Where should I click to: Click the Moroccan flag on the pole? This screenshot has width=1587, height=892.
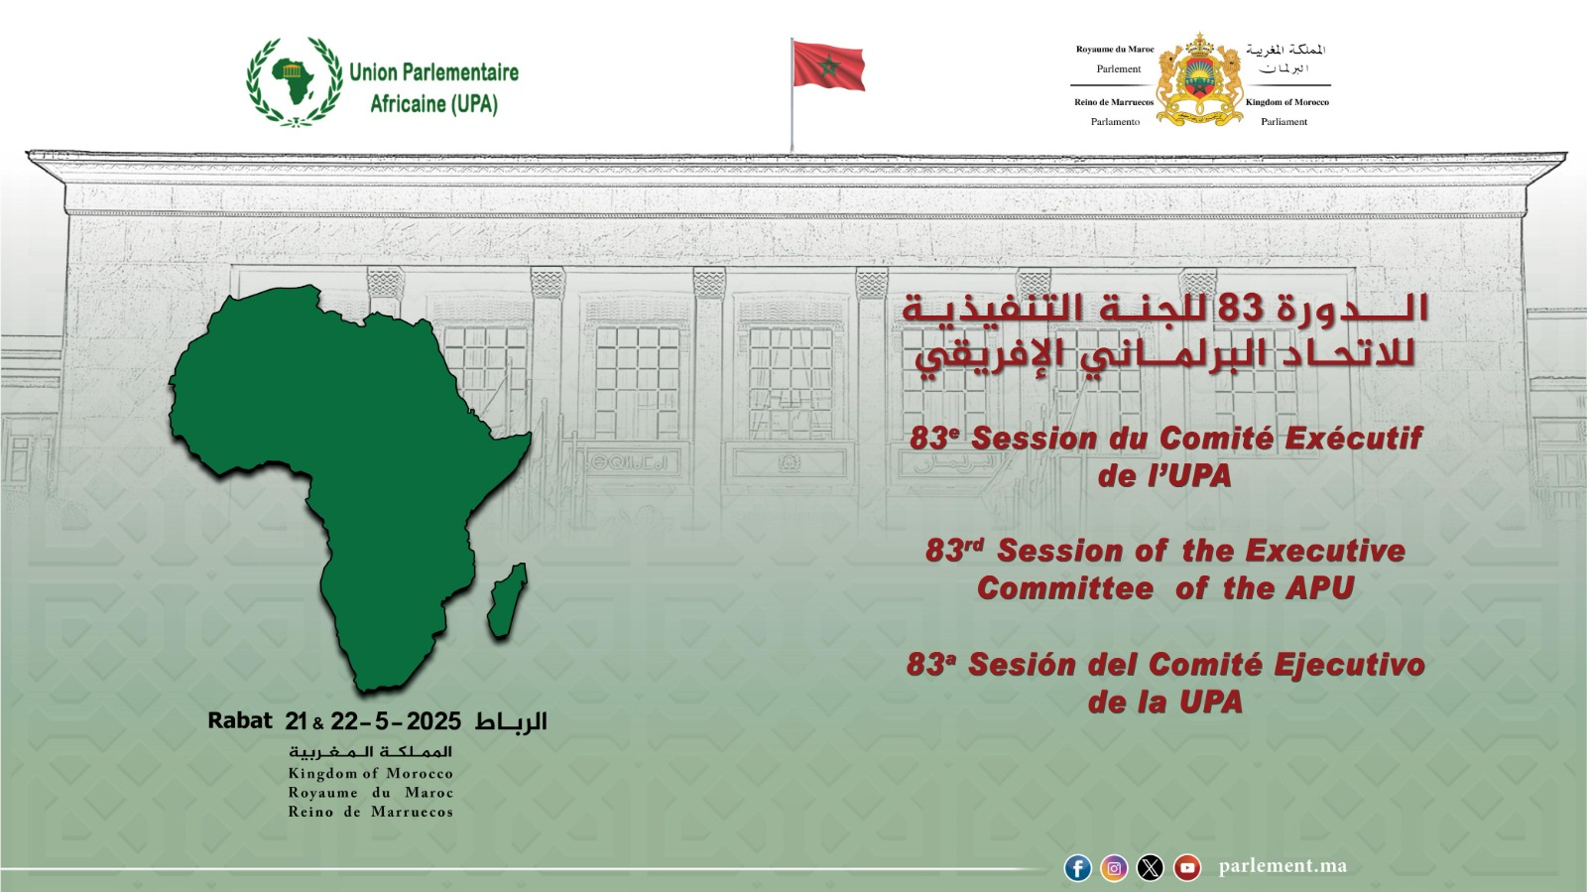tap(828, 65)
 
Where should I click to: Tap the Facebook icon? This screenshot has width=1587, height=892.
tap(1077, 868)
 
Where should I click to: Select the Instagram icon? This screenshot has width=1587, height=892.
tap(1114, 868)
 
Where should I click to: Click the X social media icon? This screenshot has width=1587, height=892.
tap(1150, 868)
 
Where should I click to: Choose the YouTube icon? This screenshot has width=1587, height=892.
tap(1186, 868)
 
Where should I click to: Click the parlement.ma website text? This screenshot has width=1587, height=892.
tap(1282, 866)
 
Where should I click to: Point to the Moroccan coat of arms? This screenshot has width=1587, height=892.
tap(1199, 79)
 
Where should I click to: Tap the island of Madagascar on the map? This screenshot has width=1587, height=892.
tap(508, 600)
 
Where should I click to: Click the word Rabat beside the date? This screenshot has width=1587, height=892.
tap(239, 721)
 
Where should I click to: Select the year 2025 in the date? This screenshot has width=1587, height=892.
tap(433, 722)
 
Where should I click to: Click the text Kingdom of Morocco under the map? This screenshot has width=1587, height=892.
tap(371, 774)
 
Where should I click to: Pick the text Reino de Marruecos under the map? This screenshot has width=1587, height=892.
tap(371, 812)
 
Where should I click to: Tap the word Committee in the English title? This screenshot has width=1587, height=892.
tap(1065, 588)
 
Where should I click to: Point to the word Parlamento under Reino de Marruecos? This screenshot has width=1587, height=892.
tap(1115, 122)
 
